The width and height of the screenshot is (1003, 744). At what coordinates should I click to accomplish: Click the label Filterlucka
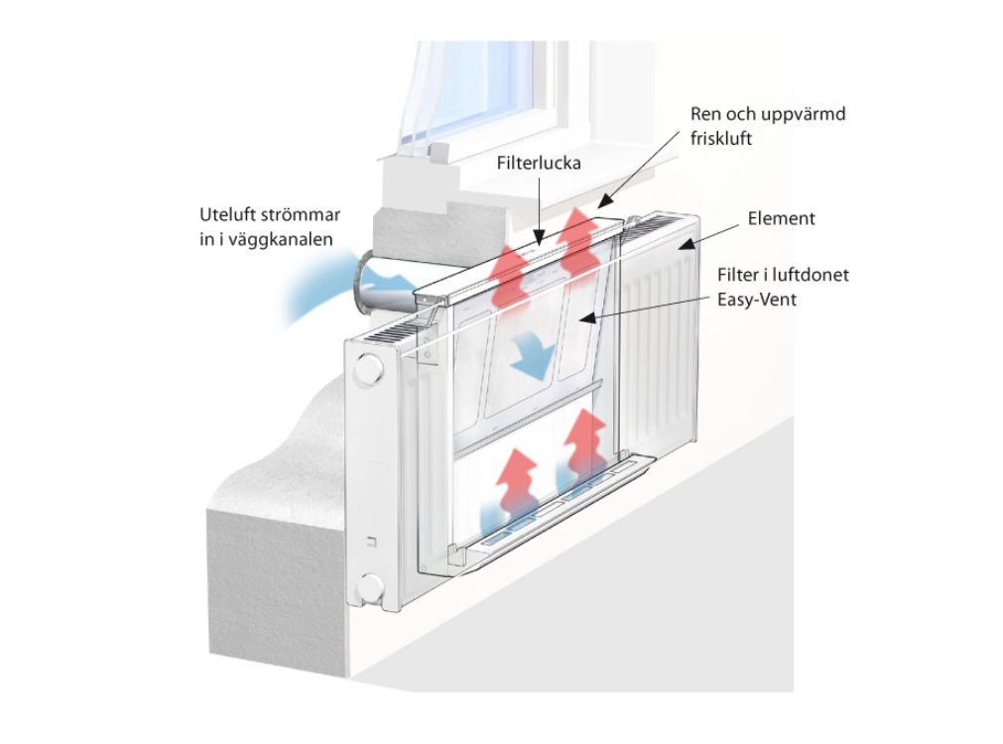tap(539, 163)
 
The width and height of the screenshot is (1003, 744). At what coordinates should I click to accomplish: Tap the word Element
tap(781, 219)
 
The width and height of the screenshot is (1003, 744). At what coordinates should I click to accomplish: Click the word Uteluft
tap(228, 214)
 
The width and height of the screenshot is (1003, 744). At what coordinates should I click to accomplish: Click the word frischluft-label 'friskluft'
tap(721, 139)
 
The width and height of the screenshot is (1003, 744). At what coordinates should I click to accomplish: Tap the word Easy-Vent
tap(757, 300)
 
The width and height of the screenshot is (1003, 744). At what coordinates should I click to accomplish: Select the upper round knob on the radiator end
tap(368, 368)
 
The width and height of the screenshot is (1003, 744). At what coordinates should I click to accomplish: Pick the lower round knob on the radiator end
tap(370, 587)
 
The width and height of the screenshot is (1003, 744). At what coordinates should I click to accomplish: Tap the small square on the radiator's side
tap(371, 543)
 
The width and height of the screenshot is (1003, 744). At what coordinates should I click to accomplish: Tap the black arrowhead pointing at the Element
tap(685, 243)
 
